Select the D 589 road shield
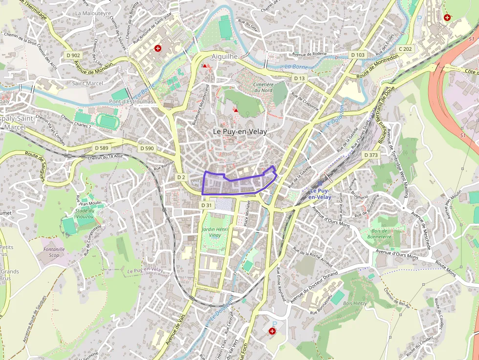(x=102, y=148)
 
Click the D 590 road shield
(x=147, y=148)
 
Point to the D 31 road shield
(x=207, y=205)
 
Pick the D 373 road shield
(x=371, y=155)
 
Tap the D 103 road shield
(x=358, y=55)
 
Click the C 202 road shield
(x=405, y=49)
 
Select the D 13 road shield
(x=299, y=78)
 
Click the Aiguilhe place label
(x=224, y=57)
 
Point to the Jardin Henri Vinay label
(x=215, y=232)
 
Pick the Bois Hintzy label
(x=355, y=303)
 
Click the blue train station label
(x=320, y=193)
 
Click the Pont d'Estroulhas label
(x=131, y=102)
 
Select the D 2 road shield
(x=181, y=177)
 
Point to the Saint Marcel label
(x=87, y=83)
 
